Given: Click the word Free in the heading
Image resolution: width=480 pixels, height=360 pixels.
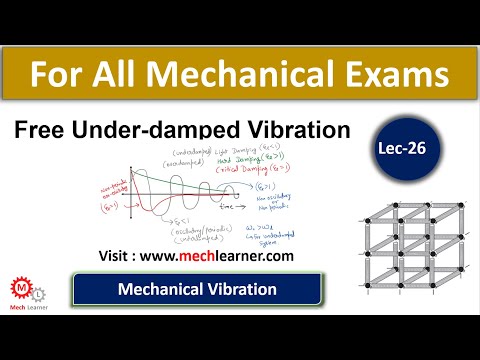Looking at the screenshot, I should click(41, 131).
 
